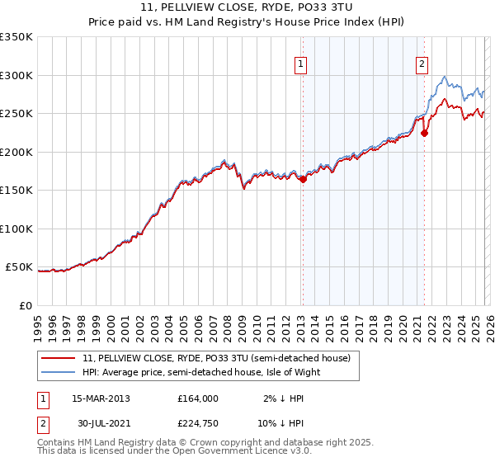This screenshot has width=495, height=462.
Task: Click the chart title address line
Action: [247, 8]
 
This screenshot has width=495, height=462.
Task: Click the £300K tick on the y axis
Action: [16, 75]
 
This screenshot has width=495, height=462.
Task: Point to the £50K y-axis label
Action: [19, 267]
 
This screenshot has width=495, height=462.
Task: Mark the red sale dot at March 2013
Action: [303, 179]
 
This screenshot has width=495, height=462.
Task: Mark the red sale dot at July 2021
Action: [424, 132]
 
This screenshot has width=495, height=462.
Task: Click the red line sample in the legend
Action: [59, 358]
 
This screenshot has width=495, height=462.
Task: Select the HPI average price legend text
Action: [206, 371]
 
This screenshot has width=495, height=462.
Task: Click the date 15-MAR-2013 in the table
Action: [101, 398]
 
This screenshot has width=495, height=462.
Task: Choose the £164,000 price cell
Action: [198, 398]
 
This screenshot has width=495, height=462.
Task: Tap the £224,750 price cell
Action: [198, 425]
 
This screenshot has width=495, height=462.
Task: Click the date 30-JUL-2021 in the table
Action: [101, 425]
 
